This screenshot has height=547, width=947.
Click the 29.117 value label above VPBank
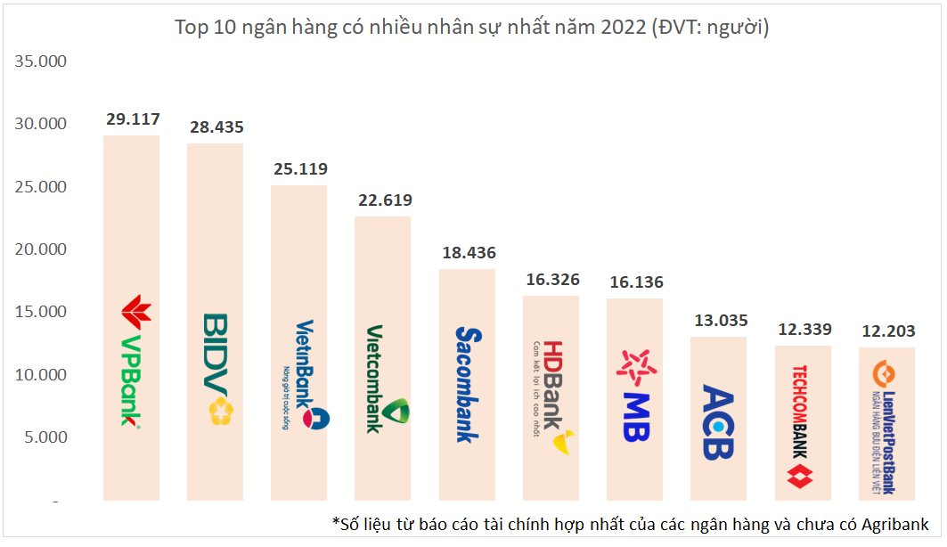click(x=132, y=118)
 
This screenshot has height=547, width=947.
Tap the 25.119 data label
click(x=300, y=169)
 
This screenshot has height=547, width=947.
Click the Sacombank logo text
click(x=468, y=383)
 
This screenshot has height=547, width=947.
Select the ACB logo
click(x=718, y=421)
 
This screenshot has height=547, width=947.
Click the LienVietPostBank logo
click(x=885, y=429)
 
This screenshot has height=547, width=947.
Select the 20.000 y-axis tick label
click(x=41, y=249)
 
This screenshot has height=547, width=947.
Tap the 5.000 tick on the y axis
click(x=45, y=437)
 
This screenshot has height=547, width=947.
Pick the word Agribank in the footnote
click(x=896, y=523)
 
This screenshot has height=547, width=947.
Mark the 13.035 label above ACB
click(x=719, y=321)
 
